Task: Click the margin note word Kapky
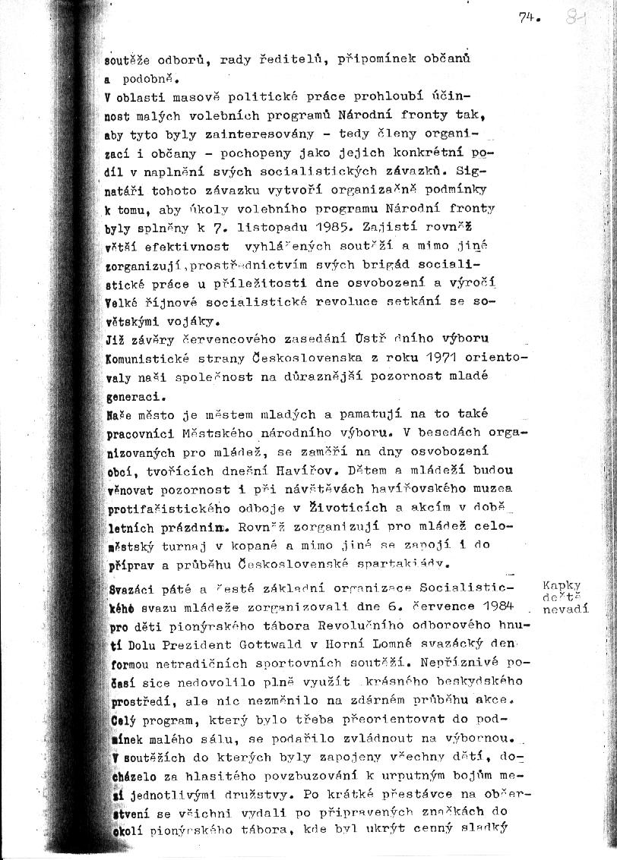[562, 585]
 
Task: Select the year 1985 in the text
[334, 225]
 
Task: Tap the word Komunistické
[144, 358]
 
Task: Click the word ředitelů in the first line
[286, 59]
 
